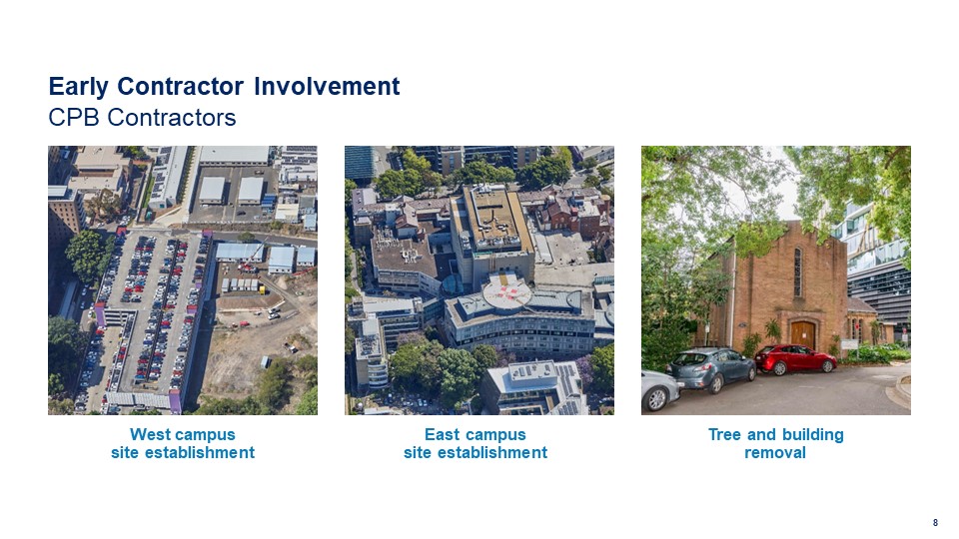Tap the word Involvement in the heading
327,86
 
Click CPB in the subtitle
74,118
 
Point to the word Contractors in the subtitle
172,118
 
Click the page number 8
935,522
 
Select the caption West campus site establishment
183,443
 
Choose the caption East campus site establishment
476,443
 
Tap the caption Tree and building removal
775,443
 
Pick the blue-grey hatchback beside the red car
711,368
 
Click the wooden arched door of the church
802,334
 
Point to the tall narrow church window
797,271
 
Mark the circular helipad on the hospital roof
507,292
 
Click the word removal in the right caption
775,453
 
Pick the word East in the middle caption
442,434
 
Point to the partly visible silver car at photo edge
660,389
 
